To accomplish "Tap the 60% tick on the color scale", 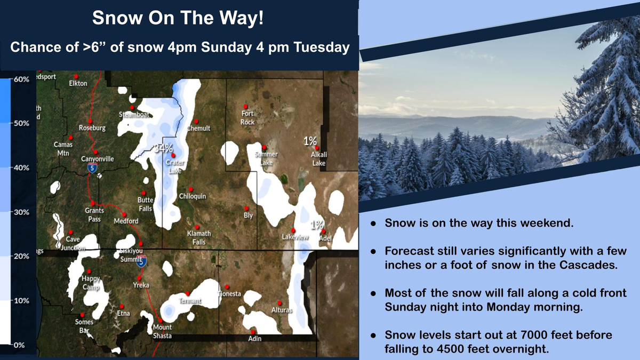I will (20, 79).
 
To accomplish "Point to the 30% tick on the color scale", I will (20, 212).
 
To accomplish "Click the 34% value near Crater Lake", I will (164, 148).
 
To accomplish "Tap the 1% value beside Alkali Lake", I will (310, 141).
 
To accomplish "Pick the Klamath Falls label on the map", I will (199, 238).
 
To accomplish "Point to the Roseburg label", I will (92, 128).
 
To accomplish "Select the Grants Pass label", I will (94, 214).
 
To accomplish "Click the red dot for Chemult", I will (196, 121).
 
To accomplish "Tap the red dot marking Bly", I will (246, 209).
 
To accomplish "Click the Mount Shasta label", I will (162, 331).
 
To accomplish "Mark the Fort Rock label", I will (247, 117).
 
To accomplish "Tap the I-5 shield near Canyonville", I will (92, 168).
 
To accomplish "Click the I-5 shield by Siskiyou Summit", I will (140, 262).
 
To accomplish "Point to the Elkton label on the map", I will (78, 84).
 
